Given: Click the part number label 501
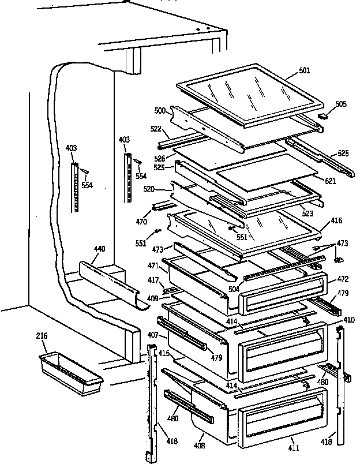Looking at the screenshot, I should point(305,70).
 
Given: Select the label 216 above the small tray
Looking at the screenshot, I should point(42,336).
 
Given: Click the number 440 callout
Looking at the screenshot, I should point(99,249).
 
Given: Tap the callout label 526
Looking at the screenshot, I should point(160,158).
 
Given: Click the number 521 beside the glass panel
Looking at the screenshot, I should point(330,181).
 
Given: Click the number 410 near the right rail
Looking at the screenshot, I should point(349,319).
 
